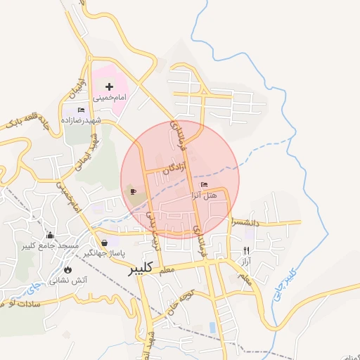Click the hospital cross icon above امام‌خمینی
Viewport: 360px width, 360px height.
pos(109,86)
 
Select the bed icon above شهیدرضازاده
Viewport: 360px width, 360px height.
pos(81,110)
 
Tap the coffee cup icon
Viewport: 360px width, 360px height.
pos(133,191)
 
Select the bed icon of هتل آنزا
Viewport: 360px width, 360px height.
pos(204,184)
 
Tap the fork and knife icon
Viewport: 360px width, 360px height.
pos(246,250)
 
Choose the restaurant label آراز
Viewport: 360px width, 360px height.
pos(246,261)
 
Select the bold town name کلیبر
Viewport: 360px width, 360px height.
pos(141,269)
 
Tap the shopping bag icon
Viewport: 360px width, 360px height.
pos(105,243)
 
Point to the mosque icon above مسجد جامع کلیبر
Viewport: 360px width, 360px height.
pos(50,236)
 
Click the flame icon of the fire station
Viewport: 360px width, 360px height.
pos(67,269)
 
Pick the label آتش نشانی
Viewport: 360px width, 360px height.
pos(68,280)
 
